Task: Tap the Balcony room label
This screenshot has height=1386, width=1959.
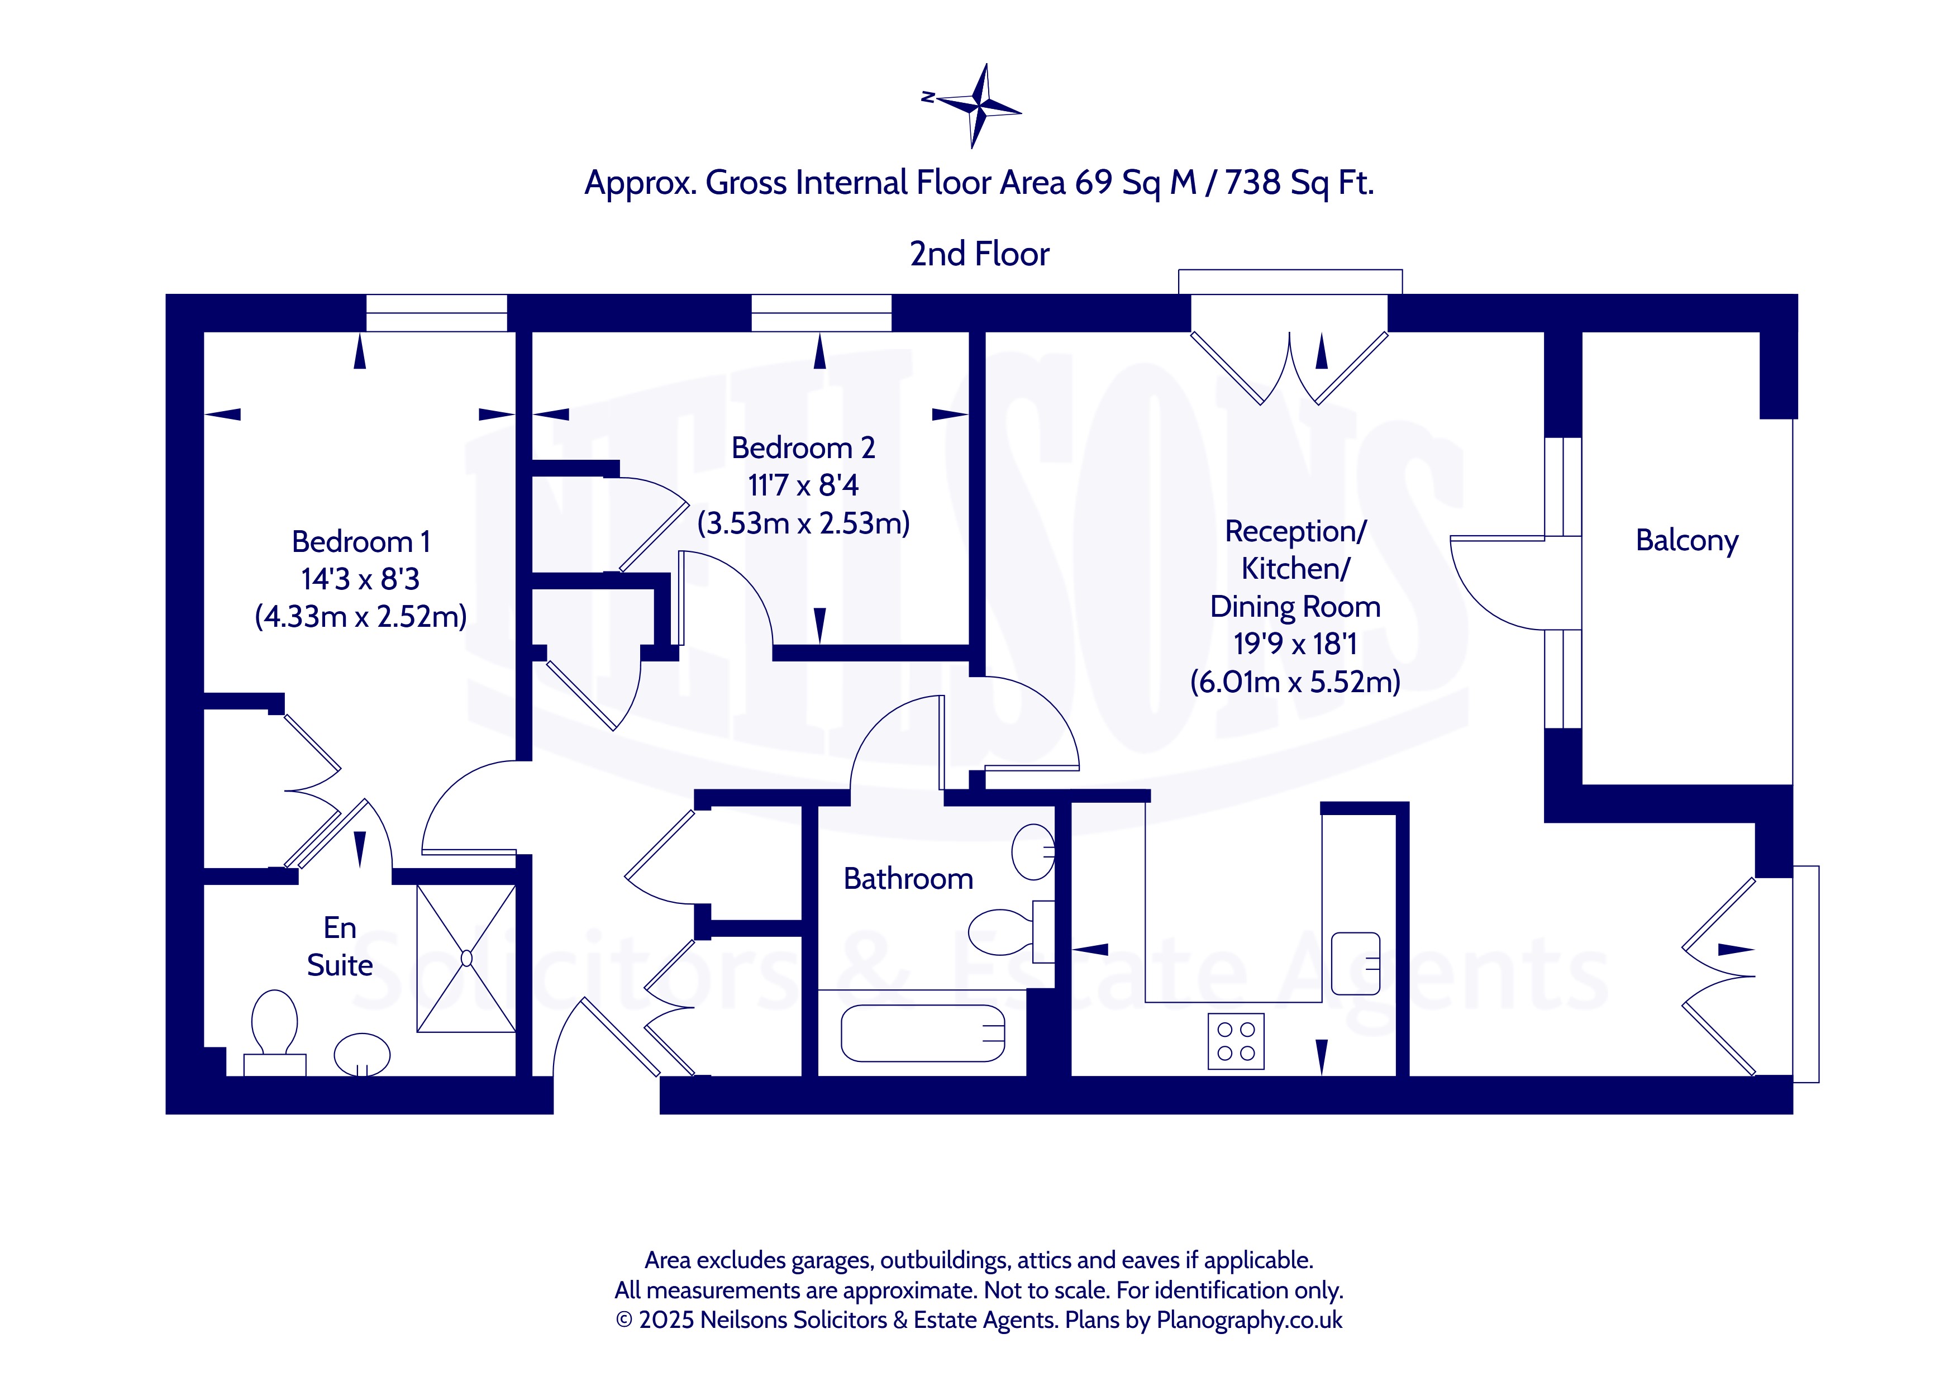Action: click(1687, 541)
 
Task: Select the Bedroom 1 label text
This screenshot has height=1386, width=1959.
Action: click(361, 542)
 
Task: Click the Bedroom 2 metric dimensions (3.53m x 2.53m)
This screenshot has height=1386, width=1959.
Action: click(804, 523)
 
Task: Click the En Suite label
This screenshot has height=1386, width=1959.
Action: click(340, 946)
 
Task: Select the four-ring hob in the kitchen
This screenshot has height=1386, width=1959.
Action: click(1236, 1041)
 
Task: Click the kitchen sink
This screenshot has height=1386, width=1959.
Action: click(1356, 964)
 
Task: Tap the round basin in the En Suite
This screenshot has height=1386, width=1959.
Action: click(363, 1055)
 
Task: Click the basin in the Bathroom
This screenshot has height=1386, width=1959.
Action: click(1033, 852)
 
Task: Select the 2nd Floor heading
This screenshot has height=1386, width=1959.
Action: click(980, 254)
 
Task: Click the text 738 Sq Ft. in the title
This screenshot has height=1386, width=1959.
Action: click(1299, 183)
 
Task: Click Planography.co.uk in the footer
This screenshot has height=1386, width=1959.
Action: click(1249, 1320)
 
